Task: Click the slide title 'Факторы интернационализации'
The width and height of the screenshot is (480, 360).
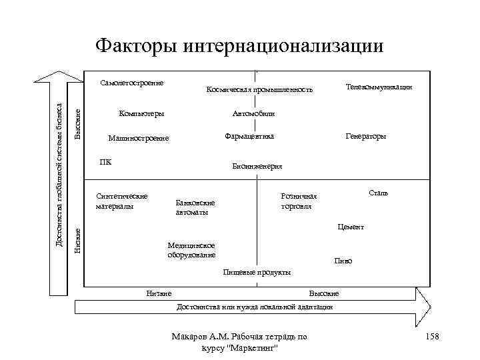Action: coord(239,45)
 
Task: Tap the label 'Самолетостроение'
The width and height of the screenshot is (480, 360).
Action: coord(132,83)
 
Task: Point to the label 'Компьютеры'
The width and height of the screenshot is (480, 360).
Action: coord(141,113)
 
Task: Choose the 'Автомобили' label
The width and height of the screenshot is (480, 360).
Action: coord(253,113)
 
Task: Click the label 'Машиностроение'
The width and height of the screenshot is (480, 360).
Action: coord(139,139)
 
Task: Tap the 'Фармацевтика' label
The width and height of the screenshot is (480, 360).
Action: coord(249,137)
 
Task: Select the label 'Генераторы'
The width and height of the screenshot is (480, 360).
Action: coord(365,137)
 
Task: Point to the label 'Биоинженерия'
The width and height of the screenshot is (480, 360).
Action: coord(257,166)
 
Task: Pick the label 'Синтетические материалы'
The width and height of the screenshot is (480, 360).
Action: coord(121,201)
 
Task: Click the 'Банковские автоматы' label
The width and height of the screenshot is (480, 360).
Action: coord(195,207)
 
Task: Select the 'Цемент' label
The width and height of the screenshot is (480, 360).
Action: coord(351,227)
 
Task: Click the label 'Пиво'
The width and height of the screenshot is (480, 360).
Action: coord(343,261)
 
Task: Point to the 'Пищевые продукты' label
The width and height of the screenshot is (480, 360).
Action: coord(257,272)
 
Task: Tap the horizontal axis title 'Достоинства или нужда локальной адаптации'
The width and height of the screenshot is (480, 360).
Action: coord(253,307)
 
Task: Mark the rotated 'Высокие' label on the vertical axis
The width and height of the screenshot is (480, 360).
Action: coord(77,124)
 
